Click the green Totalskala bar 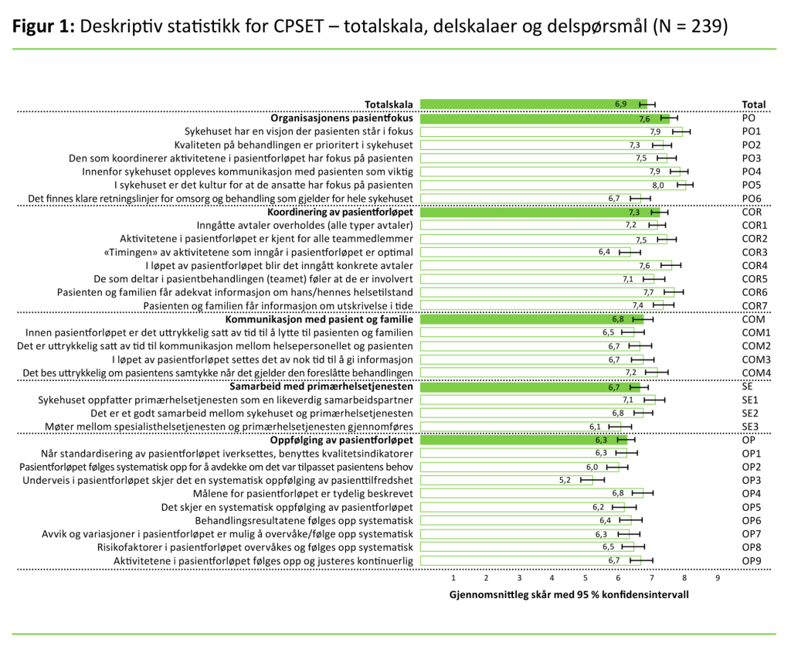point(533,104)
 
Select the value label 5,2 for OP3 point(565,480)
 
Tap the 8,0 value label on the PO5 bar point(658,185)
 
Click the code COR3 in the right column point(754,252)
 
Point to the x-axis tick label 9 point(718,577)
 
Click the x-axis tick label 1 point(453,577)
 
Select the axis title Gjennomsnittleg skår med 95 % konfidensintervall point(569,595)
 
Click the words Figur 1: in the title point(43,26)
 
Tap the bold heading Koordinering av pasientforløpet point(340,212)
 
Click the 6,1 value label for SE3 point(595,427)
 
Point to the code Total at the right point(753,104)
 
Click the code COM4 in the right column point(755,373)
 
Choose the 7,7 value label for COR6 point(649,292)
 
